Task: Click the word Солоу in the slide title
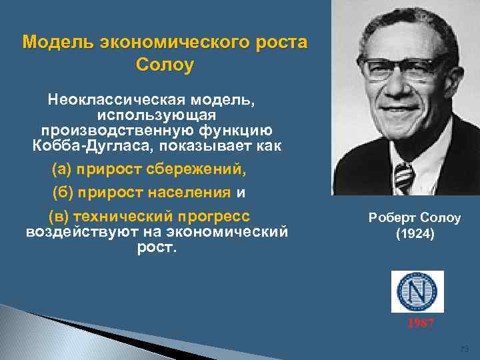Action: click(165, 65)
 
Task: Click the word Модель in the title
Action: click(59, 43)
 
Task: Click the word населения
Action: click(193, 193)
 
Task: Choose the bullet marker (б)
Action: click(63, 193)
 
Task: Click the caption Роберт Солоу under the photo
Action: click(414, 219)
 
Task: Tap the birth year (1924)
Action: click(414, 234)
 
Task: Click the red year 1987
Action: click(420, 323)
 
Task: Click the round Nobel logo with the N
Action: click(417, 292)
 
